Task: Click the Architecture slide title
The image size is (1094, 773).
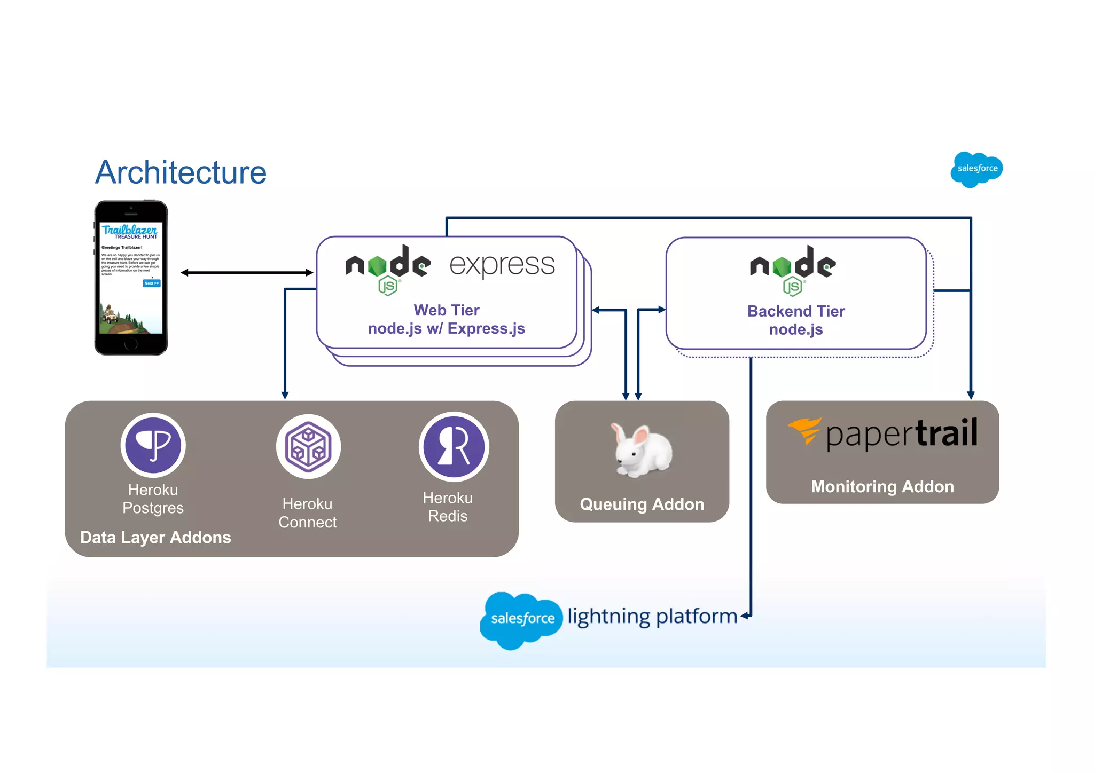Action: (181, 172)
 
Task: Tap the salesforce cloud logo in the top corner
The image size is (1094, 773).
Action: (976, 169)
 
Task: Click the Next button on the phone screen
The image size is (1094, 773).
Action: (152, 283)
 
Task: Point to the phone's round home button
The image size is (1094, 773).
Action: (131, 344)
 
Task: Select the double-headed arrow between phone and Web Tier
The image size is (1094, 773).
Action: (247, 273)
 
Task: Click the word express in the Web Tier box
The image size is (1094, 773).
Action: (502, 265)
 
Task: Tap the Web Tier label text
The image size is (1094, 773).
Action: (446, 310)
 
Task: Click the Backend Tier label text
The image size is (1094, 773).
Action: (795, 311)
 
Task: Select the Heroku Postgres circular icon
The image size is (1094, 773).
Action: (153, 446)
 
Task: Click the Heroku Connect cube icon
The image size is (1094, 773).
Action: (308, 447)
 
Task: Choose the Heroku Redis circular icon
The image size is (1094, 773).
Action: (454, 446)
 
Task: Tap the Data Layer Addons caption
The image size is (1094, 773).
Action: (155, 537)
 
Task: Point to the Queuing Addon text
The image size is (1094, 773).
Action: (642, 504)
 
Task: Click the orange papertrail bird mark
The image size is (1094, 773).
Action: (804, 430)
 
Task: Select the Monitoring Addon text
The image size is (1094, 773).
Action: (882, 486)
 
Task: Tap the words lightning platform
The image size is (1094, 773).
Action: (652, 617)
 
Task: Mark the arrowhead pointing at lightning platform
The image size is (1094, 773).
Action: (744, 616)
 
